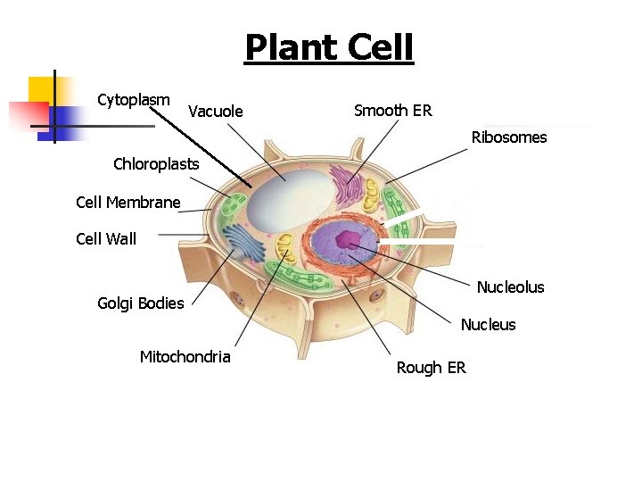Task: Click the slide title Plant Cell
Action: click(329, 47)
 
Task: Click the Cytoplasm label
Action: click(134, 99)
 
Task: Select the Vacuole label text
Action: click(215, 112)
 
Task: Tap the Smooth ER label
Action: click(392, 111)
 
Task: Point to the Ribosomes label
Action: click(509, 137)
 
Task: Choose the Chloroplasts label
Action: click(156, 164)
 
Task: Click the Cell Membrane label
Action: click(128, 203)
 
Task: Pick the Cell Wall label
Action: click(106, 238)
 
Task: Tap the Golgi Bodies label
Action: click(140, 303)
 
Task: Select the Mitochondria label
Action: click(185, 357)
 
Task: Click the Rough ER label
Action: click(431, 368)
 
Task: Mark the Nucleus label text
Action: click(488, 325)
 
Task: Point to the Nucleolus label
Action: click(510, 287)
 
